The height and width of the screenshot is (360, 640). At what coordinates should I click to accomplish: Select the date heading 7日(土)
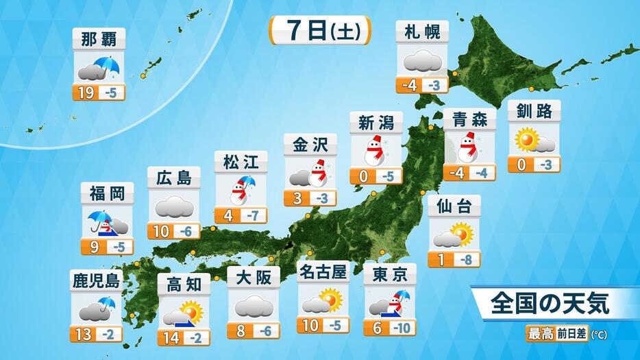pos(320,31)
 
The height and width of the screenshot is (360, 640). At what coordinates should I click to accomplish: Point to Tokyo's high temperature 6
pos(377,328)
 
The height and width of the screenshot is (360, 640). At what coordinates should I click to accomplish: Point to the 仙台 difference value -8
pos(467,260)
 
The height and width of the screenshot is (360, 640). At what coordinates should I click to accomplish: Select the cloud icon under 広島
pos(174,206)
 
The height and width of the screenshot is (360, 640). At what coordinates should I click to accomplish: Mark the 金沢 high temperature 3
pos(295,198)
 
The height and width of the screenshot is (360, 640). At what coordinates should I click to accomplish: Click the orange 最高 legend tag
pos(538,335)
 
